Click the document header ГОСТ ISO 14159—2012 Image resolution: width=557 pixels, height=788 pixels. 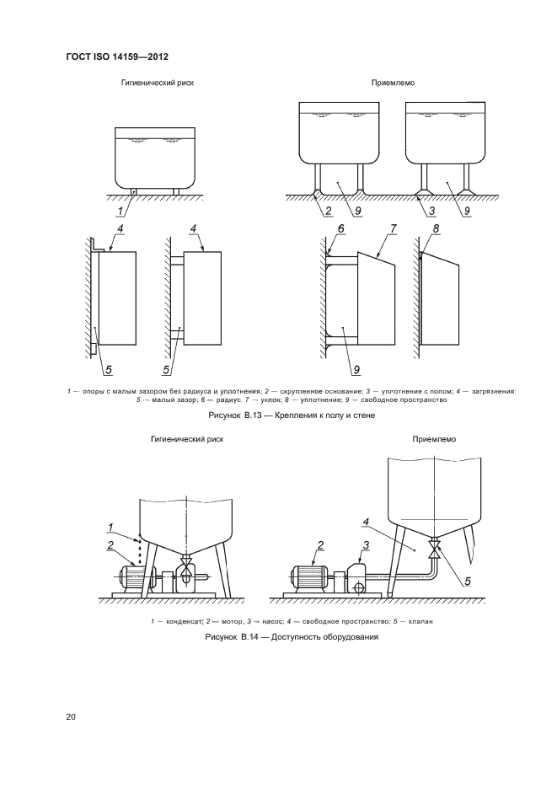point(117,56)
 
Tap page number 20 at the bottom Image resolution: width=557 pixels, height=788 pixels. point(70,716)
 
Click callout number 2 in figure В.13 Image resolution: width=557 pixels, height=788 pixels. point(329,211)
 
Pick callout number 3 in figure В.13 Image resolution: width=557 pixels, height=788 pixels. point(431,211)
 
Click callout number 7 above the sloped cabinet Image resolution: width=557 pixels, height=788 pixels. point(394,228)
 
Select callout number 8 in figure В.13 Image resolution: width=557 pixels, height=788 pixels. point(436,228)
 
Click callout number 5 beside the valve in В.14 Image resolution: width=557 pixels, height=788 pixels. point(468,582)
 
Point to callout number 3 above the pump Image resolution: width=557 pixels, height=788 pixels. point(367,545)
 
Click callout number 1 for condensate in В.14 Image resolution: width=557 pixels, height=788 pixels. point(110,528)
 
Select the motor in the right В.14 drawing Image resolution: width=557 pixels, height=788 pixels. point(309,576)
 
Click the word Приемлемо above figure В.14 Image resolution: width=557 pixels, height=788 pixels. point(434,439)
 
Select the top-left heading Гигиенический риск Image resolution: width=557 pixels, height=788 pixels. point(158,83)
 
